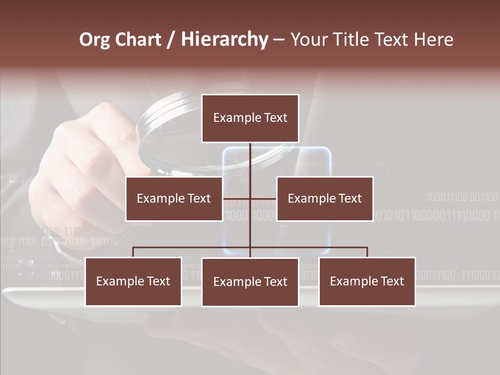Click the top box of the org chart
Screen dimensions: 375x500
tap(250, 118)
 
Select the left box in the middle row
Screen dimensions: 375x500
tap(174, 198)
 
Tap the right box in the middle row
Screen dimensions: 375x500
tap(324, 198)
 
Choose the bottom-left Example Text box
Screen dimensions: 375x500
tap(133, 281)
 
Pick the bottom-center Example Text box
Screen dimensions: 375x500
tap(250, 282)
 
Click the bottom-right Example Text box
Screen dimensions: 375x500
tap(367, 281)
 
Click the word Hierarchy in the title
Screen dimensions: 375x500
tap(224, 40)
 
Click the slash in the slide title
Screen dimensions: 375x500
tap(171, 40)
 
